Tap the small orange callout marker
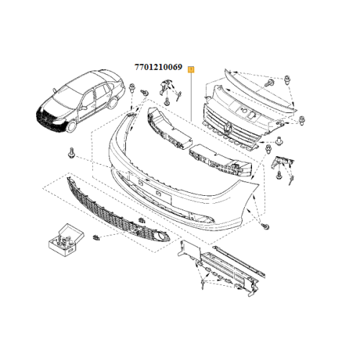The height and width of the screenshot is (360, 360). tap(190, 69)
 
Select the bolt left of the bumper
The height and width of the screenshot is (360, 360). tap(72, 153)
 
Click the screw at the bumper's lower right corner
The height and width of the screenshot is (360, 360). tap(266, 228)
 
